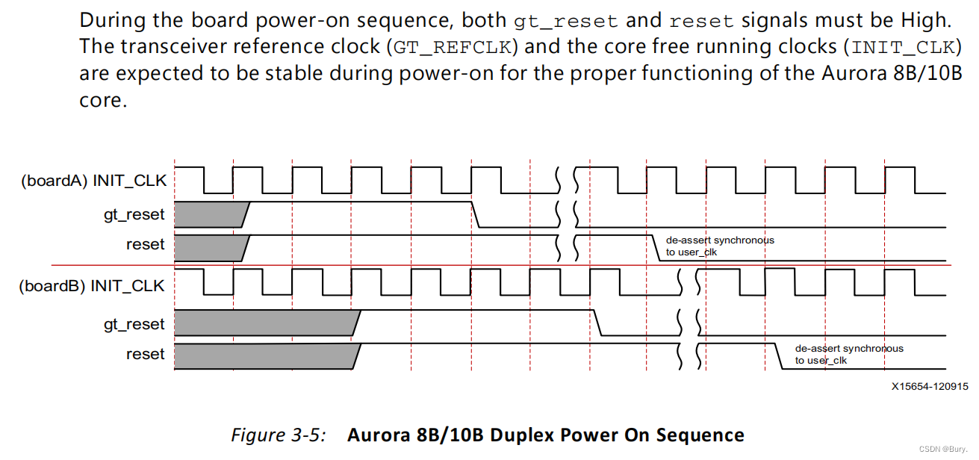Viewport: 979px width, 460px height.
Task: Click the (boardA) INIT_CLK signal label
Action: coord(93,181)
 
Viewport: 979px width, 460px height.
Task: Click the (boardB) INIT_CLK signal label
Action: coord(91,286)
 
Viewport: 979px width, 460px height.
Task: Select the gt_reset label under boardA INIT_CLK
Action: coord(134,215)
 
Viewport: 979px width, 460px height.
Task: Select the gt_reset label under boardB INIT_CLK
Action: coord(134,324)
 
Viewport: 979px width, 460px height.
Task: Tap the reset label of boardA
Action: coord(146,244)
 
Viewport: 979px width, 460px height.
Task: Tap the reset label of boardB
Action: coord(146,354)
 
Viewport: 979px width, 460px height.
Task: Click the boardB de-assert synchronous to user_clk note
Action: coord(848,354)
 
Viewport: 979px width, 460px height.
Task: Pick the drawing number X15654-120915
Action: coord(929,387)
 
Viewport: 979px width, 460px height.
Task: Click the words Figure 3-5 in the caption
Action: coord(278,435)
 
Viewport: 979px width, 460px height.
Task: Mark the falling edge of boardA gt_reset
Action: coord(476,215)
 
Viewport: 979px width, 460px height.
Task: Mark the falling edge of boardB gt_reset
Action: coord(597,324)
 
